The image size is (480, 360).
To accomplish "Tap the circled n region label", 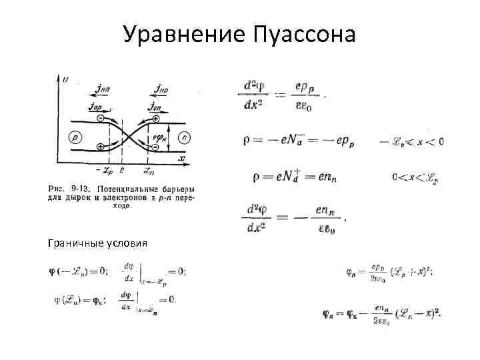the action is click(x=183, y=137).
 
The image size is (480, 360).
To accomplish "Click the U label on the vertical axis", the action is click(x=65, y=79).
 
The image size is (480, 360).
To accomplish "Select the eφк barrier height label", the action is click(x=157, y=139).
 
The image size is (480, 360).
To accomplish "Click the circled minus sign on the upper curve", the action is click(x=100, y=119).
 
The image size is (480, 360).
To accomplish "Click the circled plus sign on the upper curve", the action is click(x=156, y=119).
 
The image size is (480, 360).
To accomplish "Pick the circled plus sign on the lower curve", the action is click(x=100, y=146).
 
